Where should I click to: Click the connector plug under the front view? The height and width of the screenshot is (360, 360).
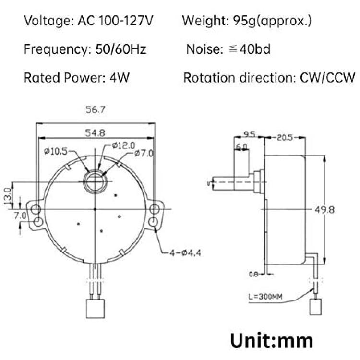[96, 307]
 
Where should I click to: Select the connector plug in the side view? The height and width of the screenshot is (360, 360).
[315, 306]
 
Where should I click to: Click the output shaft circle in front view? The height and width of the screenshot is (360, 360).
[96, 181]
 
